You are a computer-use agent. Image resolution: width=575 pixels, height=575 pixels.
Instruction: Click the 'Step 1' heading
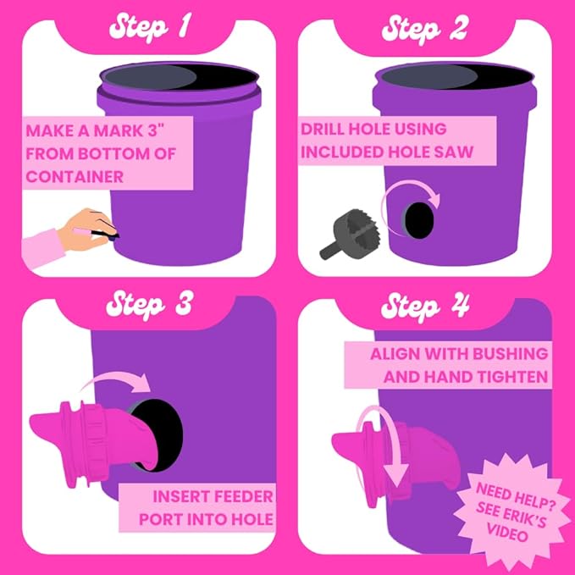point(150,27)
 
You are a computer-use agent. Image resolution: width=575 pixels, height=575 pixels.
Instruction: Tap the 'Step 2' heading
point(424,28)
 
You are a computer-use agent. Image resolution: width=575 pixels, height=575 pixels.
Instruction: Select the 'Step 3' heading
point(149,305)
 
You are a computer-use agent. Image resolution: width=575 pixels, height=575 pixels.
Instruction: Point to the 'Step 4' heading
point(425,307)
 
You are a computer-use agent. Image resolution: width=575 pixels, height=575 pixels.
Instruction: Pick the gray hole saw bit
point(350,235)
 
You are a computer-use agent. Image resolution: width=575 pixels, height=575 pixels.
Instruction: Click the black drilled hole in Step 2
point(418,220)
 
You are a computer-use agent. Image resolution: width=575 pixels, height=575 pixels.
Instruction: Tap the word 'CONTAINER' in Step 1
point(75,177)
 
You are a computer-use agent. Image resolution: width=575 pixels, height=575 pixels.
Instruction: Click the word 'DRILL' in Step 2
point(323,129)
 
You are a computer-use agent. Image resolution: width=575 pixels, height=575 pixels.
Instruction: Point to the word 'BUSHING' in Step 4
point(510,354)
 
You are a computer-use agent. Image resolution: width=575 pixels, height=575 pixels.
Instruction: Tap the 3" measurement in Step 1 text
point(156,130)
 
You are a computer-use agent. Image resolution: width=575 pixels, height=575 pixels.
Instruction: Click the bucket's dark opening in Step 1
point(180,77)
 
